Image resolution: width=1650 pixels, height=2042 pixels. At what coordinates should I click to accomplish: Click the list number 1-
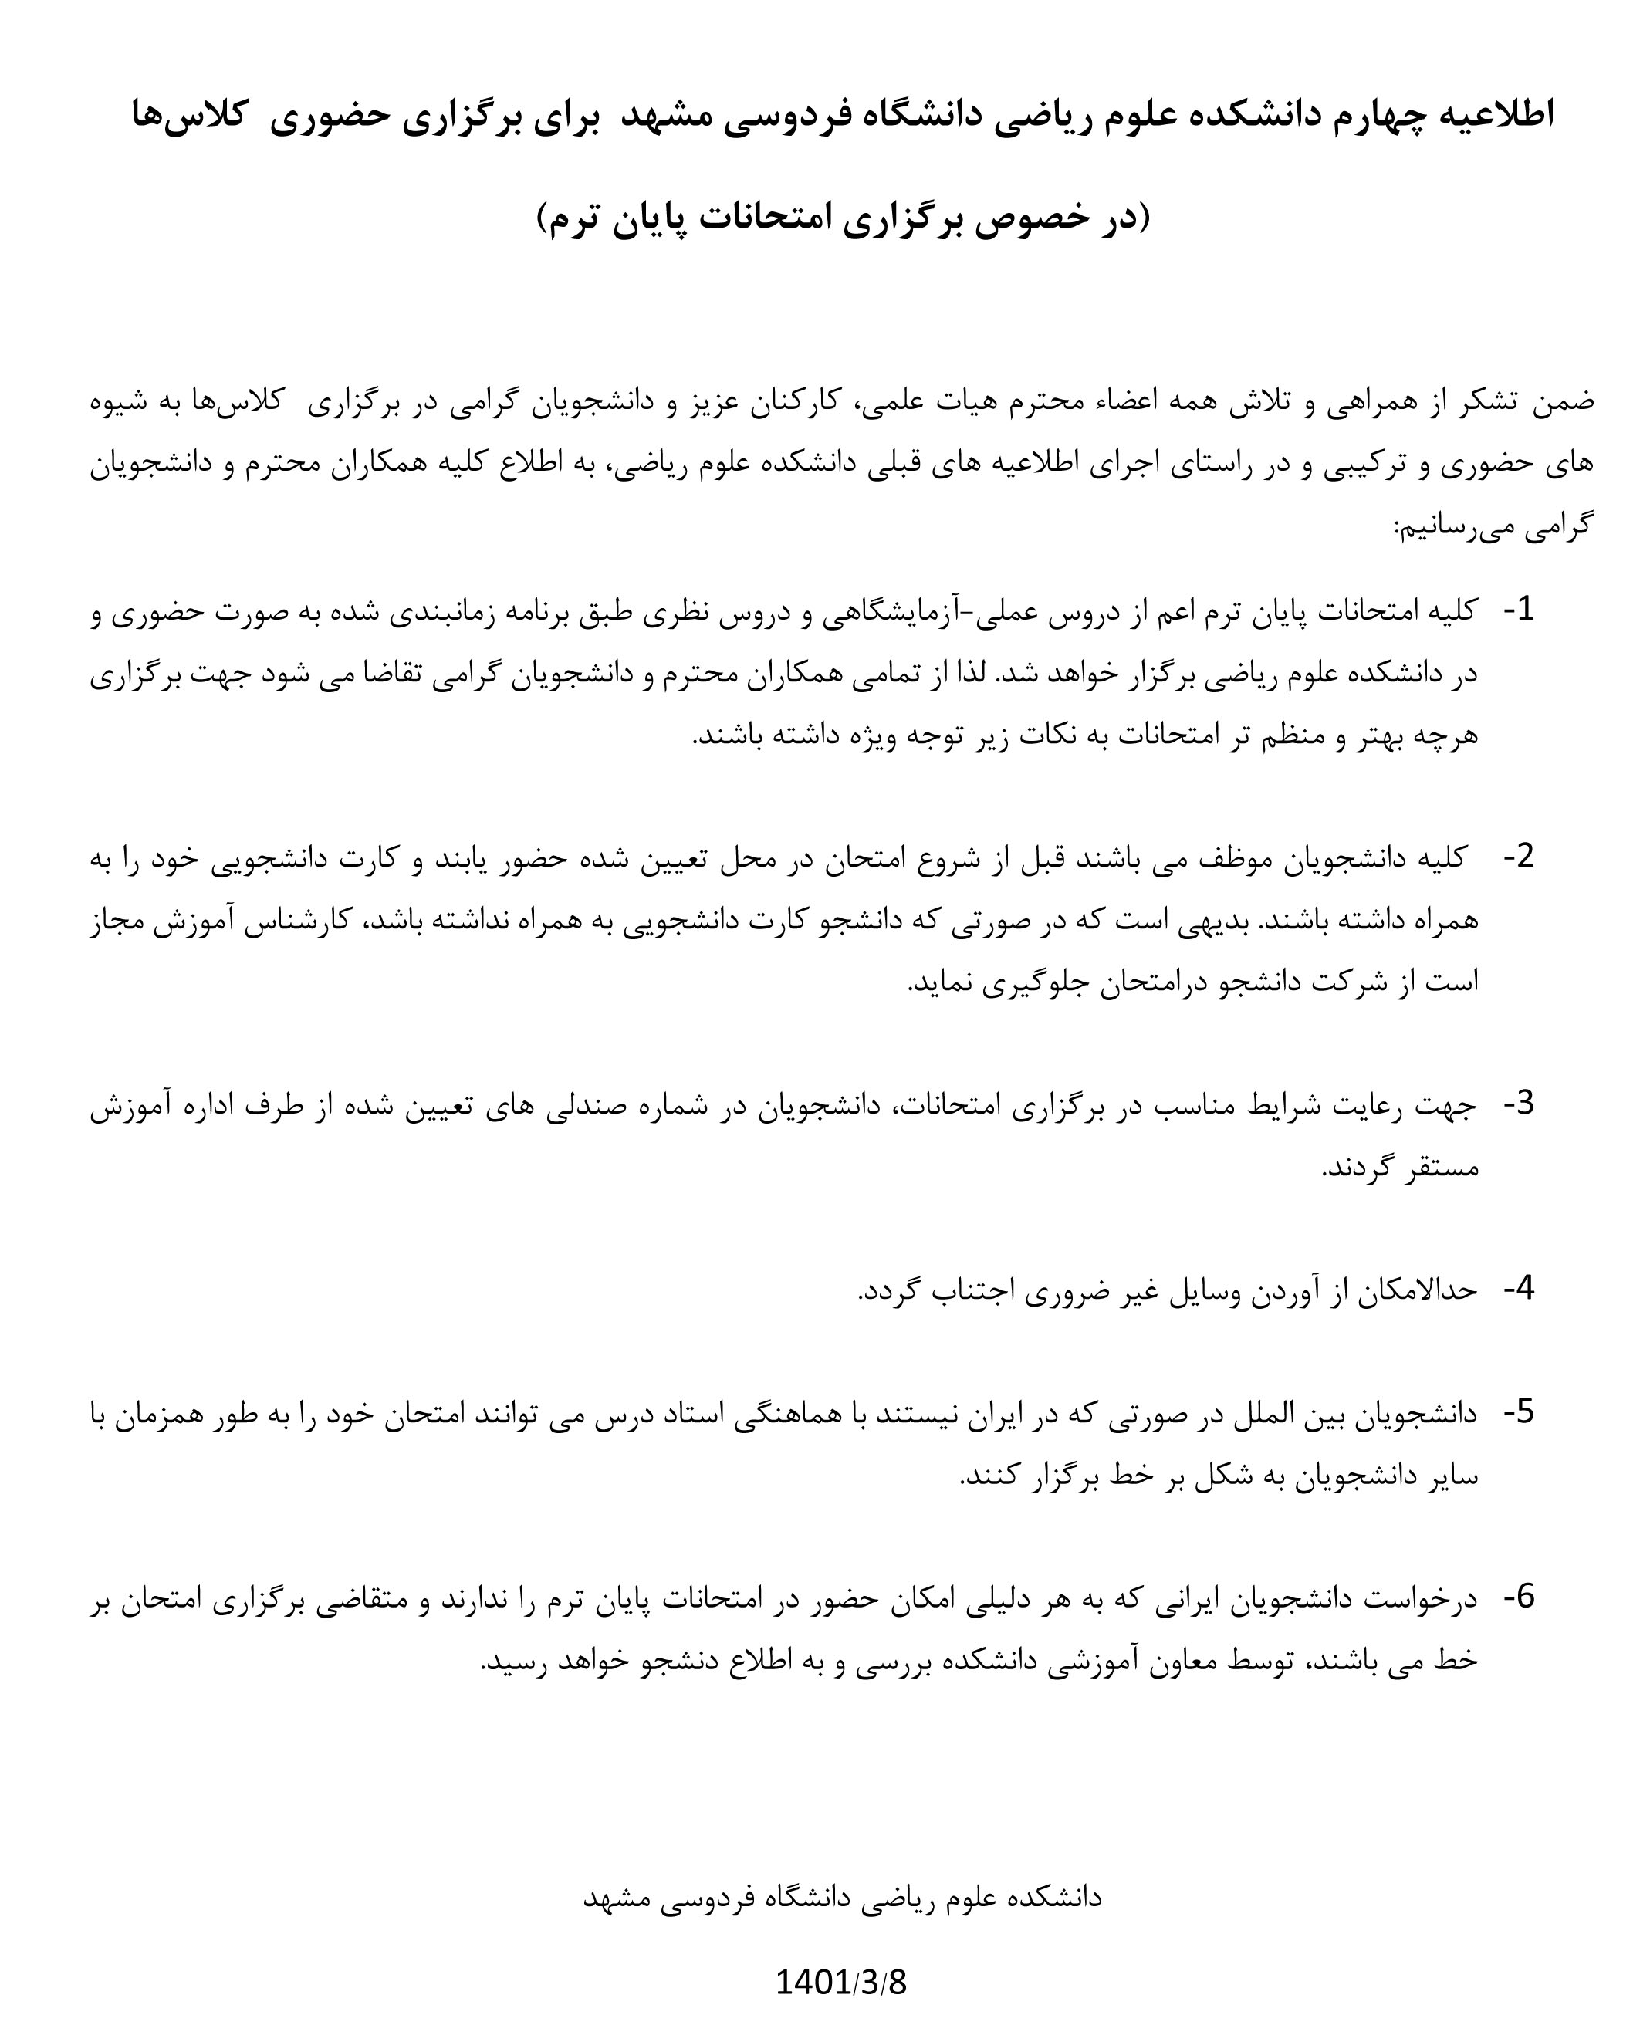click(x=1518, y=609)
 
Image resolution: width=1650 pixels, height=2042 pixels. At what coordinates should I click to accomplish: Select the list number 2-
click(x=1518, y=856)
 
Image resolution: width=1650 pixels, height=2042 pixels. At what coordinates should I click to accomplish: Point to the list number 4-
click(x=1518, y=1289)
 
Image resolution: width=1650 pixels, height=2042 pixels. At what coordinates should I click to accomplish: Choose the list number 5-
click(x=1518, y=1412)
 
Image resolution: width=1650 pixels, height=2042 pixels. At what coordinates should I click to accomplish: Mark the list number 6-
click(x=1518, y=1597)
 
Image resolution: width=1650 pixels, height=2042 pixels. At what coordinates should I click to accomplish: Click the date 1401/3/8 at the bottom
click(x=841, y=1983)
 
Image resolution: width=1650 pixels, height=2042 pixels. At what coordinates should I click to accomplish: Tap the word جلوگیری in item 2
click(x=1033, y=982)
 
